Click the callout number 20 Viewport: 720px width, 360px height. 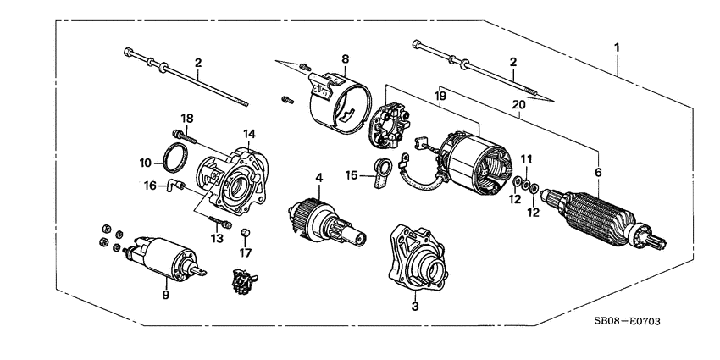pyautogui.click(x=518, y=103)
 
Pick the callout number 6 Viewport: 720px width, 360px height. pyautogui.click(x=600, y=172)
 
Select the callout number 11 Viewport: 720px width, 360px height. pyautogui.click(x=525, y=158)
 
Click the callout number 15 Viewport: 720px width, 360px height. pyautogui.click(x=352, y=175)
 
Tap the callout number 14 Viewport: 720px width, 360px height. pyautogui.click(x=249, y=135)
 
